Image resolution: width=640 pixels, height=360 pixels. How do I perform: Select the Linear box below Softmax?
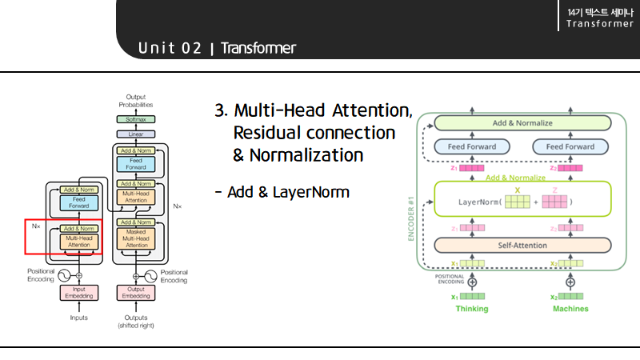point(135,134)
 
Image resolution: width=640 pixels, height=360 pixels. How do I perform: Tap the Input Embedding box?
point(78,293)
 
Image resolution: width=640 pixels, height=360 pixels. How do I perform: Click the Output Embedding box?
point(135,293)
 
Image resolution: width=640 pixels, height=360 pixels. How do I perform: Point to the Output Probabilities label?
point(135,100)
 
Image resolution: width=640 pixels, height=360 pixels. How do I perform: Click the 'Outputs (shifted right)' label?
point(135,321)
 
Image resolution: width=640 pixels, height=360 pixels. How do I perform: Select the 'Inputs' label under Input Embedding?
point(78,318)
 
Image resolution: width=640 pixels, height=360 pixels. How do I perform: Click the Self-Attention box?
point(522,245)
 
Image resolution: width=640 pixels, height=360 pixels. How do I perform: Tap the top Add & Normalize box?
point(522,123)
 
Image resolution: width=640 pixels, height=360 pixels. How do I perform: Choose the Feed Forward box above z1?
point(471,146)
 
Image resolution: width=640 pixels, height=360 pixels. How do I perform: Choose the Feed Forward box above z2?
point(570,146)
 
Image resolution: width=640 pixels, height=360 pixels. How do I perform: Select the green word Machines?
point(570,309)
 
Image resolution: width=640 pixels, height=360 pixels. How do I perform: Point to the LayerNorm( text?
point(482,202)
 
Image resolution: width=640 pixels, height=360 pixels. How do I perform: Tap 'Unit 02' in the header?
point(170,48)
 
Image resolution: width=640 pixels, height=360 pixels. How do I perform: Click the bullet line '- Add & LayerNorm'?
point(282,192)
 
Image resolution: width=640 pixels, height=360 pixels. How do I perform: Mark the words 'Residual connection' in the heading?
point(314,132)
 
